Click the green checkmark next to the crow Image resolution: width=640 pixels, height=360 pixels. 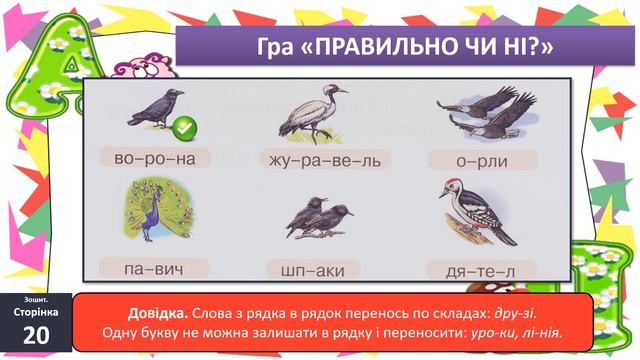pyautogui.click(x=181, y=128)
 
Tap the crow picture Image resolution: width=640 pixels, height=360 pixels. pyautogui.click(x=154, y=109)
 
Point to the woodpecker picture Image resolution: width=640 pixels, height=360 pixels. pyautogui.click(x=476, y=211)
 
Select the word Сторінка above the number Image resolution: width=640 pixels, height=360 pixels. pyautogui.click(x=36, y=312)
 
